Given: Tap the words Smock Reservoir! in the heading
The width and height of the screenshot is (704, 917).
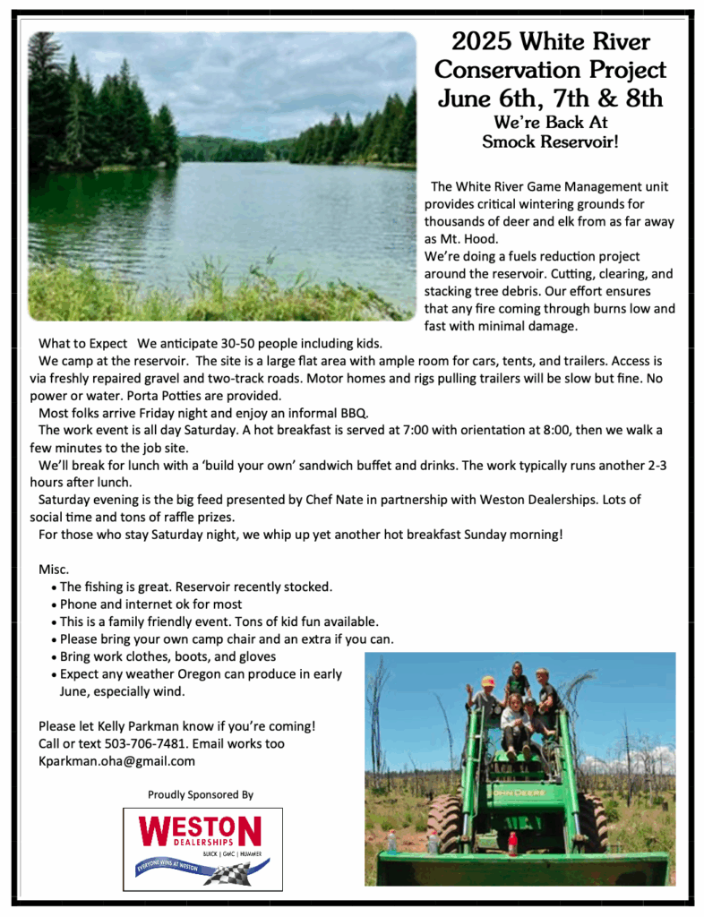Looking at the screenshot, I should point(550,141).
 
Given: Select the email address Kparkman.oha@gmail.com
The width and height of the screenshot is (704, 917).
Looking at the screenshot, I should point(116,761).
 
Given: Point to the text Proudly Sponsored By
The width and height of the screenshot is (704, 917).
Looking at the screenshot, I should point(201,794).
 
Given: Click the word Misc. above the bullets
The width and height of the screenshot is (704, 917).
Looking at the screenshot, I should point(54,570).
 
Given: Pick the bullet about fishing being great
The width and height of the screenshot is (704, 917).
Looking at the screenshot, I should point(195,587).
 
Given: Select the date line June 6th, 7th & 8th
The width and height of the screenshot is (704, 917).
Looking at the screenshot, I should point(550,97).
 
